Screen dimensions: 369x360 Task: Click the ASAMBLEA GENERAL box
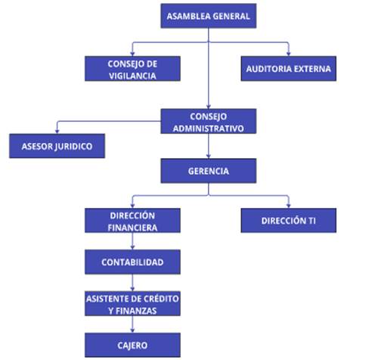coord(209,16)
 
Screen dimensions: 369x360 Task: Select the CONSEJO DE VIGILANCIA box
coord(132,69)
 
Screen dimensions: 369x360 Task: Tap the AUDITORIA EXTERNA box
coord(289,69)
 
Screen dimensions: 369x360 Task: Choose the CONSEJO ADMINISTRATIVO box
coord(209,121)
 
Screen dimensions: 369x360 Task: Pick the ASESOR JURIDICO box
coord(57,146)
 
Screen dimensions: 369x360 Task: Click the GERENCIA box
coord(209,171)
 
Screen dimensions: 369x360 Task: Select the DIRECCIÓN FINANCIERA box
coord(132,220)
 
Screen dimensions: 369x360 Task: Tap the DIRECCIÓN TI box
coord(289,220)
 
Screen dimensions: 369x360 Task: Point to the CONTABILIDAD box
coord(132,262)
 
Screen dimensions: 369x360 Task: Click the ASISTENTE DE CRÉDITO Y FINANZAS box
coord(132,303)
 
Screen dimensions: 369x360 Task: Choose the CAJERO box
coord(132,345)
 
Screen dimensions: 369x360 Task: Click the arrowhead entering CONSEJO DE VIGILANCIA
coord(132,54)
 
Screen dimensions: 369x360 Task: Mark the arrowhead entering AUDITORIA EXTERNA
coord(289,54)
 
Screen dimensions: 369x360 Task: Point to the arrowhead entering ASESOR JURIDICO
coord(57,132)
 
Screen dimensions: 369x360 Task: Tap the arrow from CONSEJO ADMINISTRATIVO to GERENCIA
coord(209,146)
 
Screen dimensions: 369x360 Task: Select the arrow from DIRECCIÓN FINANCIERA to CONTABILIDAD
coord(132,241)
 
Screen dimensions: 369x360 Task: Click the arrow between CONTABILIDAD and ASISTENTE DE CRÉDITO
coord(132,283)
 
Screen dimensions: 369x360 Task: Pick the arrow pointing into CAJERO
coord(132,324)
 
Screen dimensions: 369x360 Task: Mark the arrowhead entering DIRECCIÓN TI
coord(289,206)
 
